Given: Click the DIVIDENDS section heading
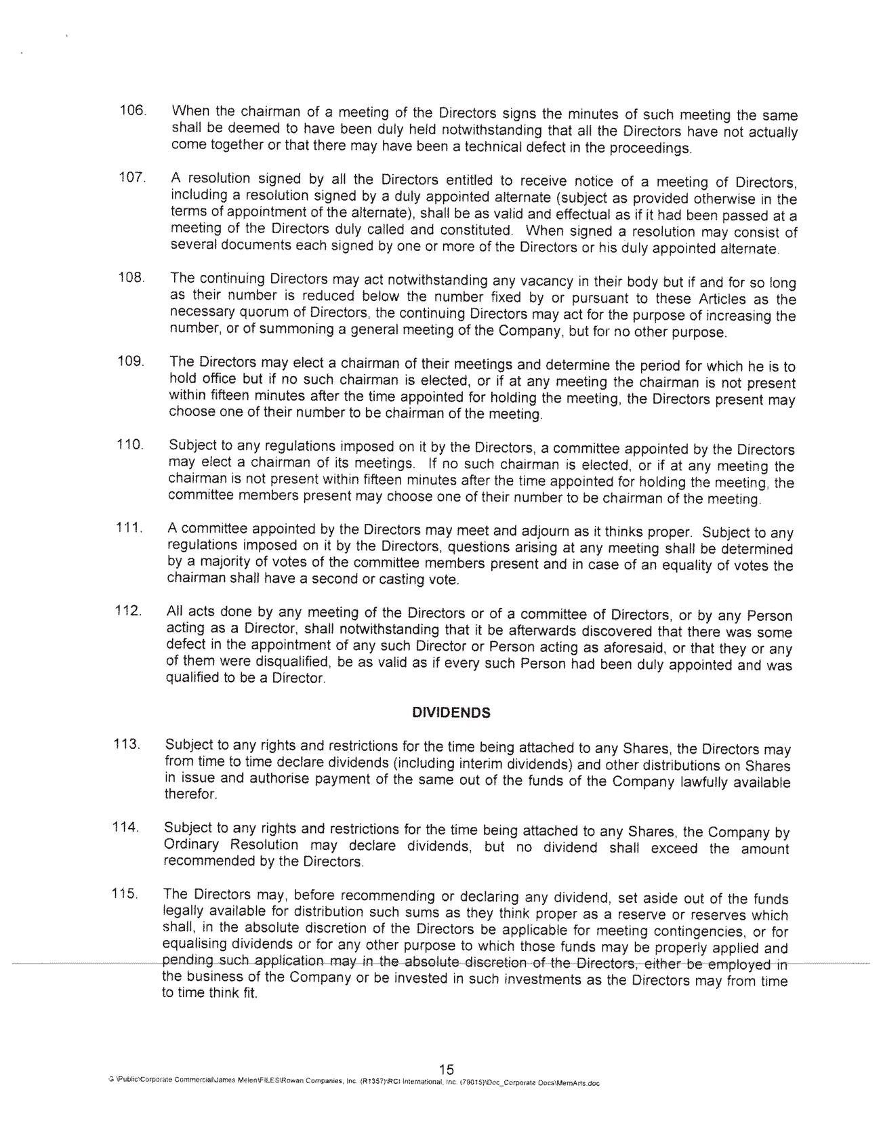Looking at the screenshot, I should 451,713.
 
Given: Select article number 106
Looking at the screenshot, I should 133,110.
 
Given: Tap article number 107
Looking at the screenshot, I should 133,178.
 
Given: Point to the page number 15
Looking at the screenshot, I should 446,1069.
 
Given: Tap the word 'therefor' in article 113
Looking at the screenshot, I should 190,794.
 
